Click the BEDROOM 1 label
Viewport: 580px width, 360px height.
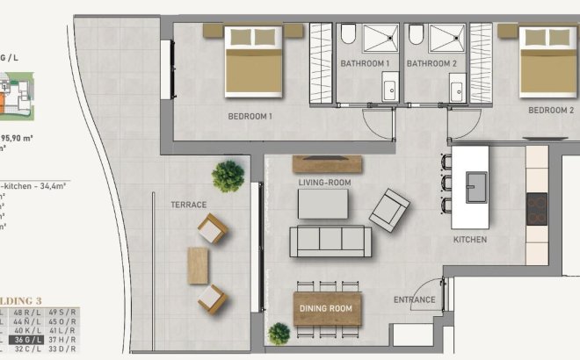click(250, 115)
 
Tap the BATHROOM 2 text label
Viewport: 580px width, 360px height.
click(431, 64)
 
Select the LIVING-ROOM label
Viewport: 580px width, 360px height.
click(324, 183)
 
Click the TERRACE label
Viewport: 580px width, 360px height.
click(188, 205)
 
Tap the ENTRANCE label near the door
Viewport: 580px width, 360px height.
click(415, 300)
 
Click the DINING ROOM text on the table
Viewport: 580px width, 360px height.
click(327, 309)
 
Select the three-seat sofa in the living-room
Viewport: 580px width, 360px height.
click(330, 241)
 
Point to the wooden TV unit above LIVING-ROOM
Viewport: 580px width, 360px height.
click(327, 163)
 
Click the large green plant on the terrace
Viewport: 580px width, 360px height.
click(228, 175)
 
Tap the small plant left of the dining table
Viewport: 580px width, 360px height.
click(279, 334)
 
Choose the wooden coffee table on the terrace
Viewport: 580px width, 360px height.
click(199, 264)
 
